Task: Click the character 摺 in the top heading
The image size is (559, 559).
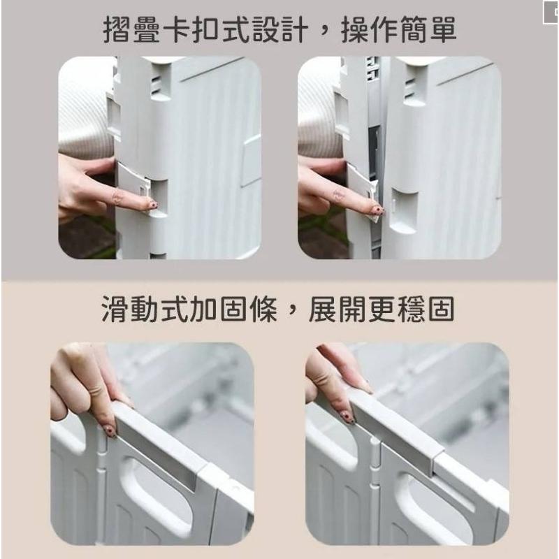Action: tap(117, 30)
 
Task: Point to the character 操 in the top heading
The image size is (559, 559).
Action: tap(354, 30)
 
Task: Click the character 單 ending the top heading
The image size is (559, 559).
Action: tap(443, 30)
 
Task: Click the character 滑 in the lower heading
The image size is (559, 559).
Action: tap(115, 309)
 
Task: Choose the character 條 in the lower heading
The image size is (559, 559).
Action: tap(263, 309)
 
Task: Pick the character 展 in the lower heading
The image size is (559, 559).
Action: tap(322, 309)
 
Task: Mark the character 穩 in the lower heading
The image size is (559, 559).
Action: tap(412, 309)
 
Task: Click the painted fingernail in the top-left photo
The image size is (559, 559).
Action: tap(153, 206)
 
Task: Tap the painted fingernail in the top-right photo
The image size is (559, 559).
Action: tap(379, 210)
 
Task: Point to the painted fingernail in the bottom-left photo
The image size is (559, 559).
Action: tap(111, 430)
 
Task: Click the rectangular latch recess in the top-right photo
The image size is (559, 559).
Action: tap(404, 210)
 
